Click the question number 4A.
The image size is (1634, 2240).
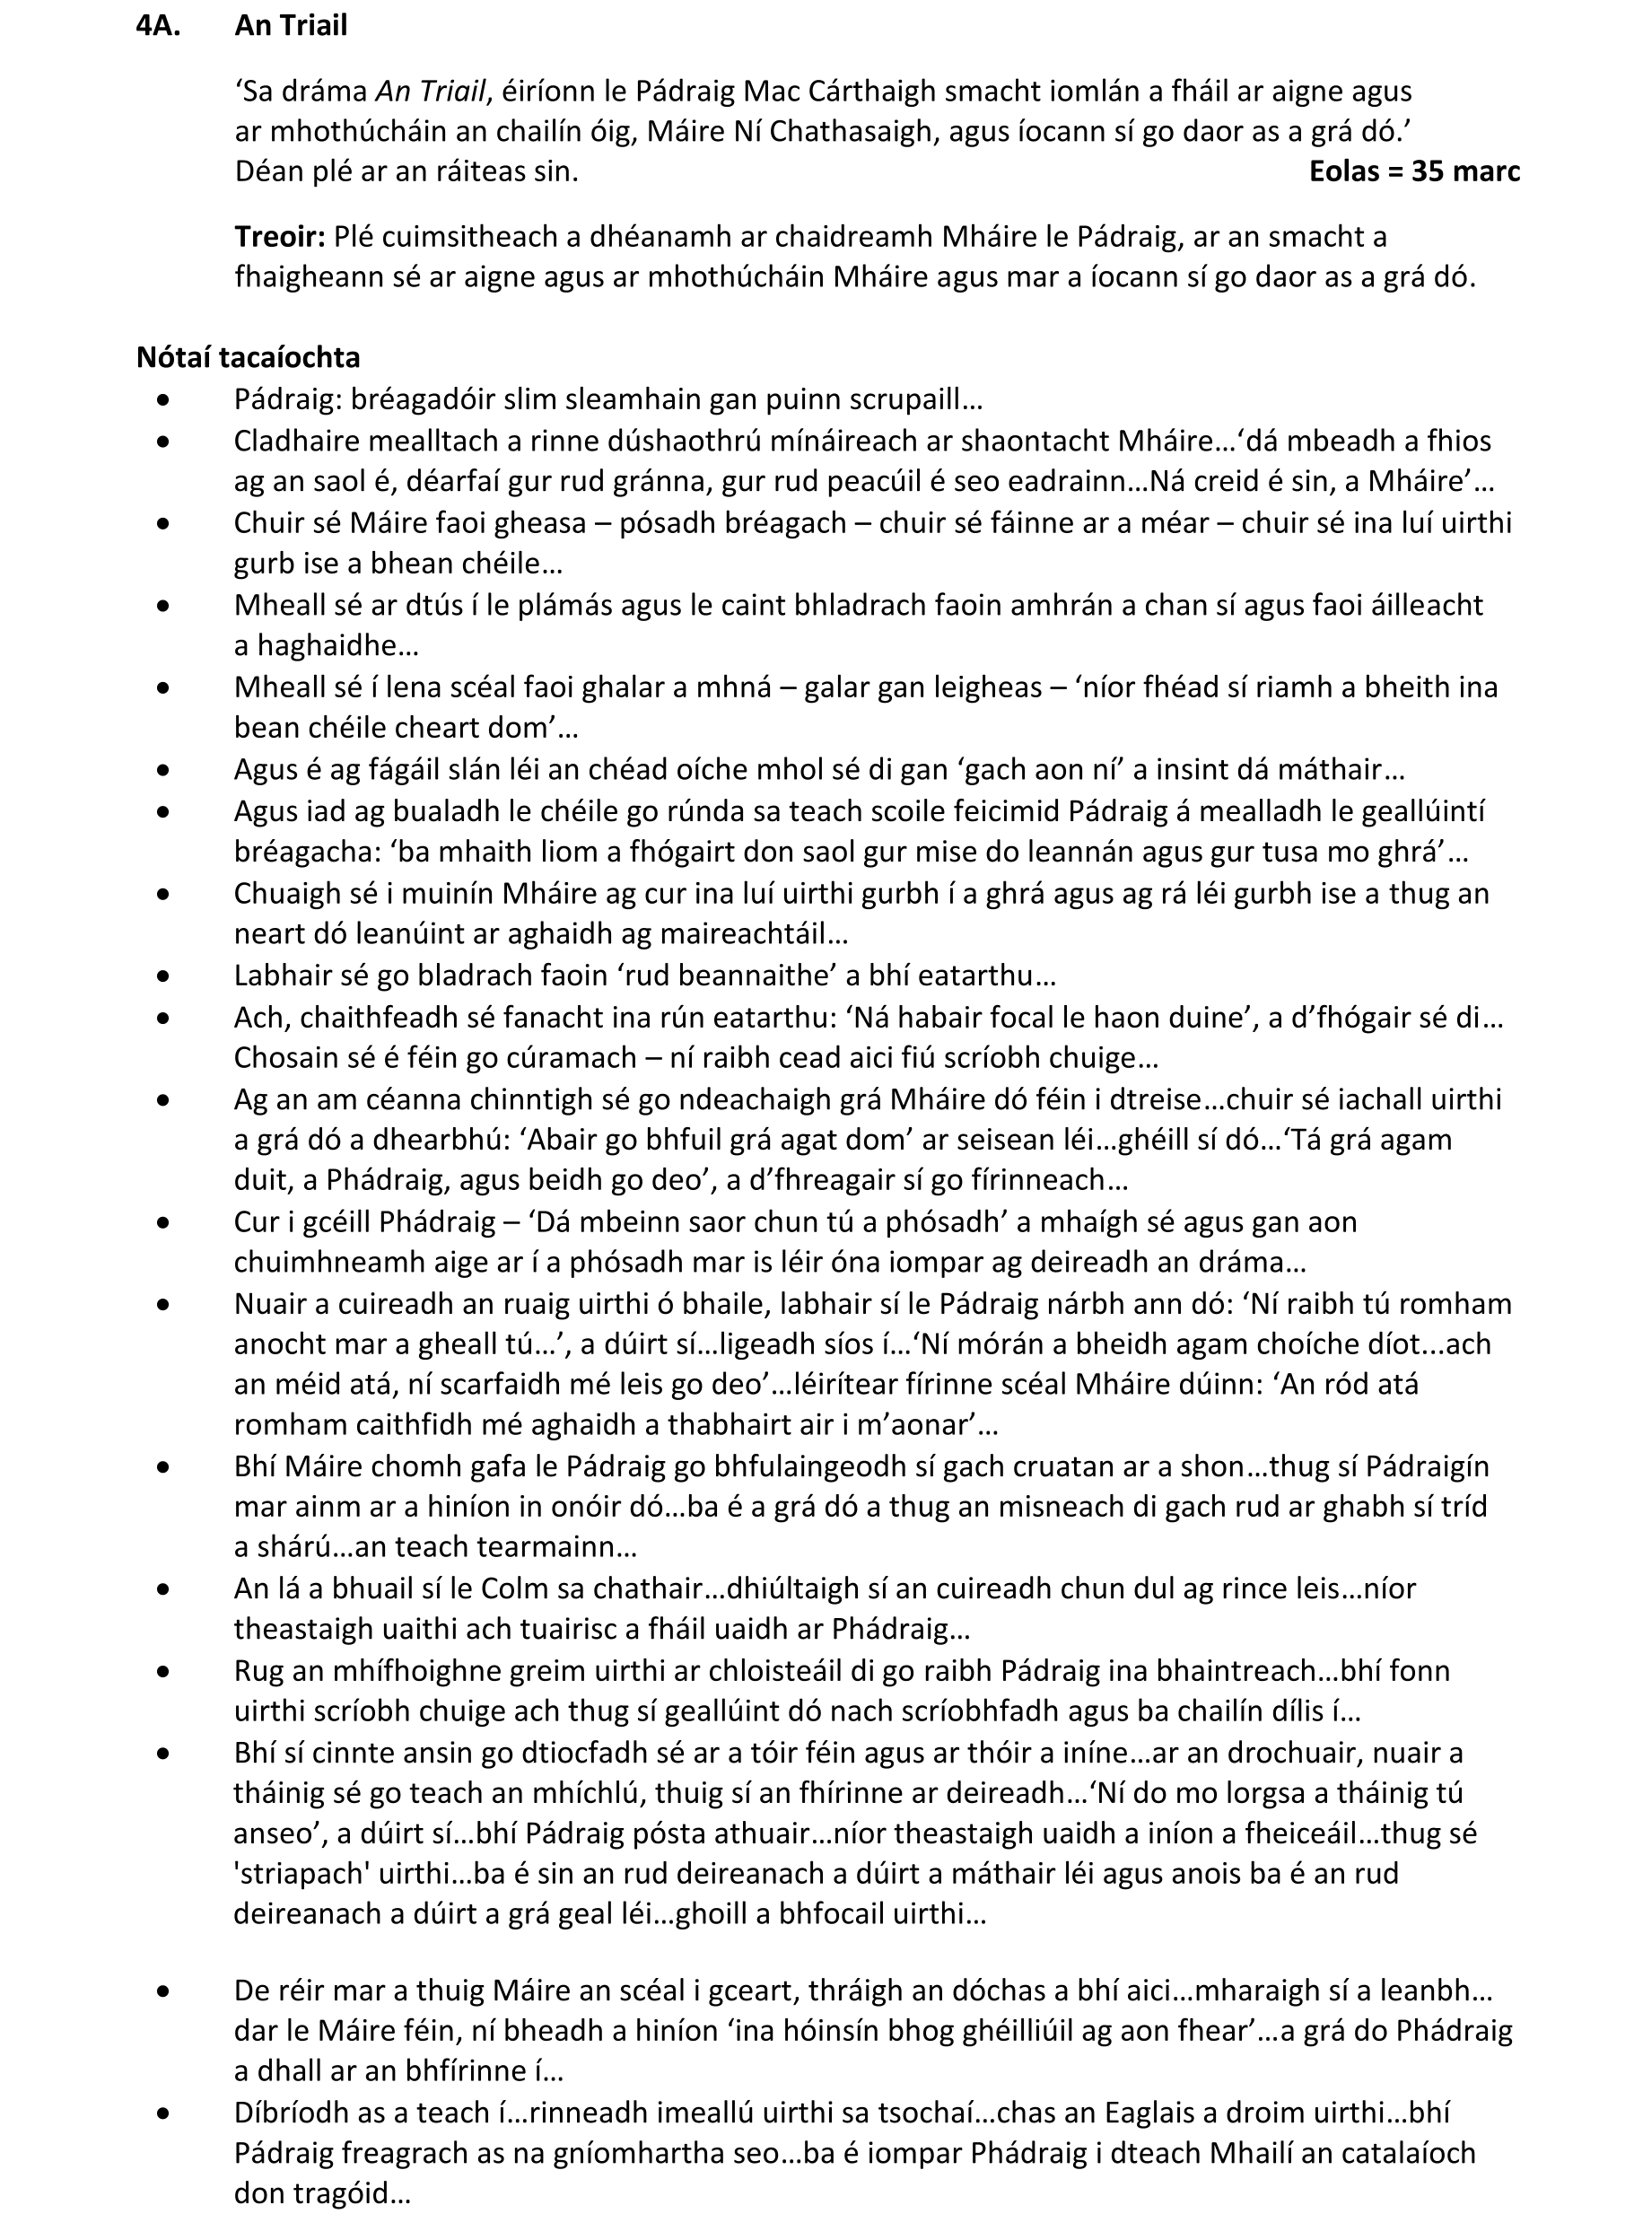[157, 26]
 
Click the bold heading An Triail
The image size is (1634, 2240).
[291, 26]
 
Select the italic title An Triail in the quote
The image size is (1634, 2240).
[431, 91]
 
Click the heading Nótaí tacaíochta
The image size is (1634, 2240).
[249, 357]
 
